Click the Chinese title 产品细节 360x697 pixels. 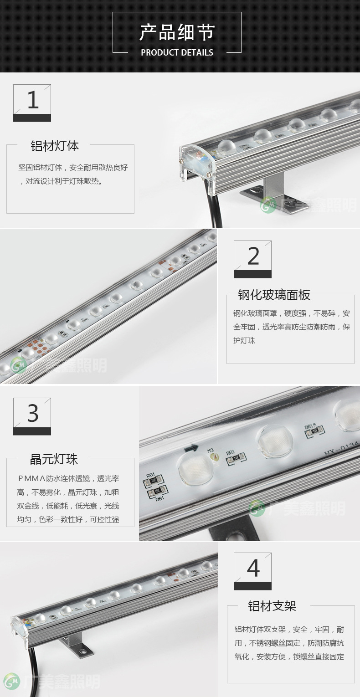(x=177, y=32)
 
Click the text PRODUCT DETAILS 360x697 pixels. (x=177, y=52)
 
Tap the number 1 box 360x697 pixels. (x=32, y=102)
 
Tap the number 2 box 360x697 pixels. (x=252, y=259)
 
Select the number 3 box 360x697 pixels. (x=32, y=416)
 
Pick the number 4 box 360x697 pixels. (x=252, y=571)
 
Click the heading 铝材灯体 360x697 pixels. (x=54, y=146)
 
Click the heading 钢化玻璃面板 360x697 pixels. (x=274, y=295)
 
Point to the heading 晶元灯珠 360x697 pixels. (x=54, y=459)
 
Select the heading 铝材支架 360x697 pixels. (x=272, y=606)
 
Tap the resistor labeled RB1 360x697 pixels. (x=157, y=492)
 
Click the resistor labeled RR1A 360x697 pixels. (x=315, y=431)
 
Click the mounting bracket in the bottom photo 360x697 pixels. (x=75, y=644)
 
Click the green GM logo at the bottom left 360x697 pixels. (x=12, y=681)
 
